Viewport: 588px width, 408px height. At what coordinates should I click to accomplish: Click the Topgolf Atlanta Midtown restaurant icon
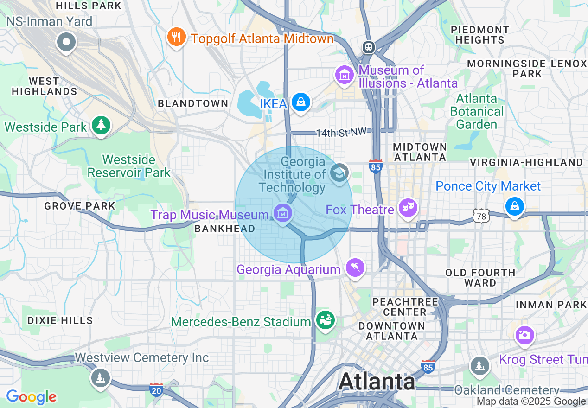[x=176, y=37]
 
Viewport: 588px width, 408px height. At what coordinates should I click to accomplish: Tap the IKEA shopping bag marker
[x=301, y=102]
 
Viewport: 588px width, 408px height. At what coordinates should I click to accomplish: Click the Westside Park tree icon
[x=100, y=125]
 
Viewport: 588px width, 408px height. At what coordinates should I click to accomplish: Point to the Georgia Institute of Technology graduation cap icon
[x=339, y=173]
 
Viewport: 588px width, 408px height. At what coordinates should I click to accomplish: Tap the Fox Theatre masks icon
[x=408, y=208]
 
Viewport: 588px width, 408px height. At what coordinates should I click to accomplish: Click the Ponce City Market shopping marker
[x=514, y=205]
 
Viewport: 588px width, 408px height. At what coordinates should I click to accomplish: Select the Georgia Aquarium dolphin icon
[x=355, y=268]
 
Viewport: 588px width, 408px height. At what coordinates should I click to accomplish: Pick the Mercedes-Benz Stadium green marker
[x=325, y=319]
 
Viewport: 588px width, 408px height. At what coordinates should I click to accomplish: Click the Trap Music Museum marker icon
[x=282, y=214]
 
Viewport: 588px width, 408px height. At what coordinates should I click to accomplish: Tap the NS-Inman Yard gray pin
[x=66, y=43]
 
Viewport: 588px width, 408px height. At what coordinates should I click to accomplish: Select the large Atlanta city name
[x=377, y=381]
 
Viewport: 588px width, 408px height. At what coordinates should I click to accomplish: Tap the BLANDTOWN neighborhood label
[x=193, y=103]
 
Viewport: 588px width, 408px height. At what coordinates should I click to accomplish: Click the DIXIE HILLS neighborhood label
[x=60, y=320]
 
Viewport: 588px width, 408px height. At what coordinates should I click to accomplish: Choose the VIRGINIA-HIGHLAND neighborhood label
[x=526, y=162]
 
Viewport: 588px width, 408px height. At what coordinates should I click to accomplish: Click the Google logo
[x=31, y=397]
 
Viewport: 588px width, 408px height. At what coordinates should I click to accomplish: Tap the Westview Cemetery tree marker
[x=100, y=377]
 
